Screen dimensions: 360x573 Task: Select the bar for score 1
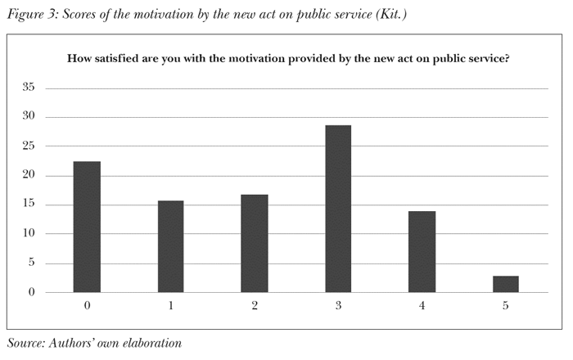170,246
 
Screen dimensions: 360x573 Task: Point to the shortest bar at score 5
506,284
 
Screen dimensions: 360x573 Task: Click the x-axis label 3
338,305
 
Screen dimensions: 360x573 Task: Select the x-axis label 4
422,305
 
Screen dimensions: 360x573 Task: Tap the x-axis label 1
170,305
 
